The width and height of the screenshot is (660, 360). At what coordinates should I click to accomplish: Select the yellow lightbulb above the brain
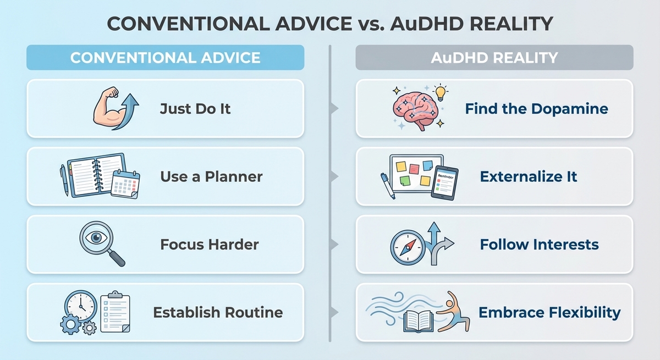coord(441,91)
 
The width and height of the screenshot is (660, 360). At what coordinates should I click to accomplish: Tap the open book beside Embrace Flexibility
coord(419,320)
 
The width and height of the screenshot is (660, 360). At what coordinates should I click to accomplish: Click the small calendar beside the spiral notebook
coord(125,184)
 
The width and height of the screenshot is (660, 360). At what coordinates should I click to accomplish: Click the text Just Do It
coord(195,108)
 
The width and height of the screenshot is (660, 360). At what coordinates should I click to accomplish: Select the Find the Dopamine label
coord(536,108)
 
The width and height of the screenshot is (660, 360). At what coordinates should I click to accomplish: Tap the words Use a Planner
coord(211,177)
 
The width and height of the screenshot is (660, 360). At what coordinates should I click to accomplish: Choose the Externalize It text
coord(529,177)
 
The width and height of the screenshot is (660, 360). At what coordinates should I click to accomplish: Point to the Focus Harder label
coord(210,244)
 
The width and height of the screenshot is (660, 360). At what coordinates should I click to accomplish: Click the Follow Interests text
coord(539,244)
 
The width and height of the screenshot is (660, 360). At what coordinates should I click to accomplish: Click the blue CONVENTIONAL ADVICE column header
coord(165,57)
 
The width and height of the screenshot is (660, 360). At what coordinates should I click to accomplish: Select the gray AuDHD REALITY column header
coord(494,57)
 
